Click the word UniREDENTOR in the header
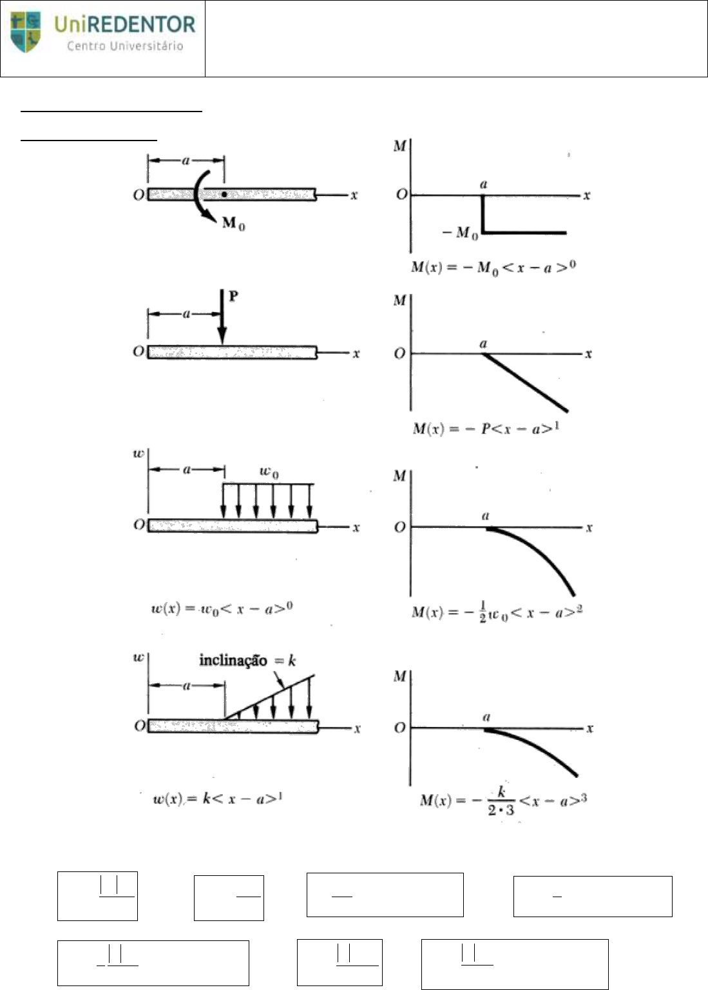tap(124, 25)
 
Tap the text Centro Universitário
tap(124, 46)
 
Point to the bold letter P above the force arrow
tap(233, 296)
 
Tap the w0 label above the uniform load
tap(269, 471)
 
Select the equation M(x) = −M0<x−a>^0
tap(493, 266)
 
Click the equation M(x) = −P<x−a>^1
tap(486, 427)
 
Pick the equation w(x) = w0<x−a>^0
tap(222, 608)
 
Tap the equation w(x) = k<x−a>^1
tap(218, 799)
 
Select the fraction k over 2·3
tap(501, 801)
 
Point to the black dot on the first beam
tap(224, 194)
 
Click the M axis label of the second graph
tap(399, 300)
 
